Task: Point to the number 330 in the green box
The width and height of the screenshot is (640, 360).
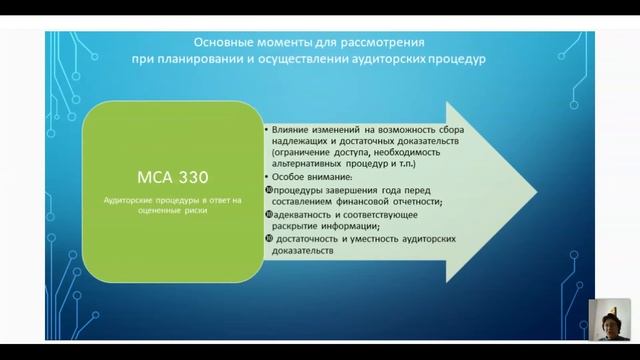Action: tap(192, 177)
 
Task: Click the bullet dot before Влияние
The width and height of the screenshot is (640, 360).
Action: tap(267, 130)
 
